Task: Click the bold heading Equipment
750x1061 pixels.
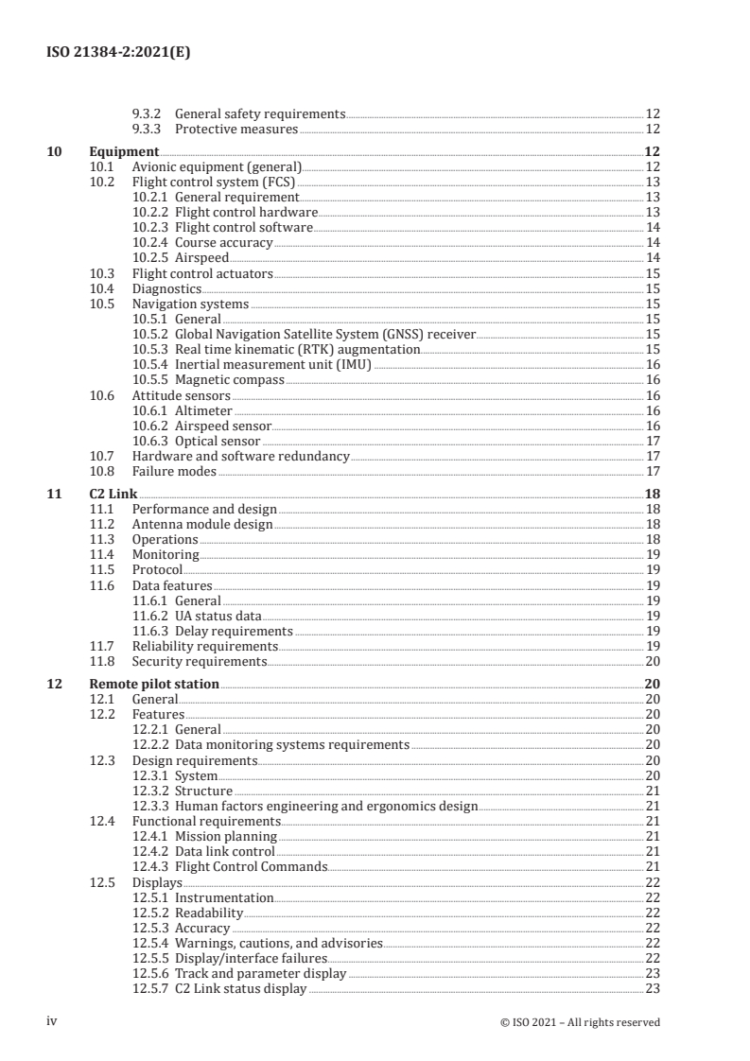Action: point(123,151)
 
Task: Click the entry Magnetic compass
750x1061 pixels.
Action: point(229,379)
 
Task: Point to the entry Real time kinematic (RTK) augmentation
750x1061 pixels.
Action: point(297,349)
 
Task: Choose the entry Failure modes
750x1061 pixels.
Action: point(174,471)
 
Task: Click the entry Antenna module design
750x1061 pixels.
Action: point(202,524)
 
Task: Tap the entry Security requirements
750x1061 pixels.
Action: point(200,661)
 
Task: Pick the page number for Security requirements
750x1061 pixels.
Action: point(652,661)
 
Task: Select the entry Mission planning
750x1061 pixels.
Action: point(226,837)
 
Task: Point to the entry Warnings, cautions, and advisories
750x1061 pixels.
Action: point(279,943)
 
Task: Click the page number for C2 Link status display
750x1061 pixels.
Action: point(652,989)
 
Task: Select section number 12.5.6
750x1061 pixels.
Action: point(149,973)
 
